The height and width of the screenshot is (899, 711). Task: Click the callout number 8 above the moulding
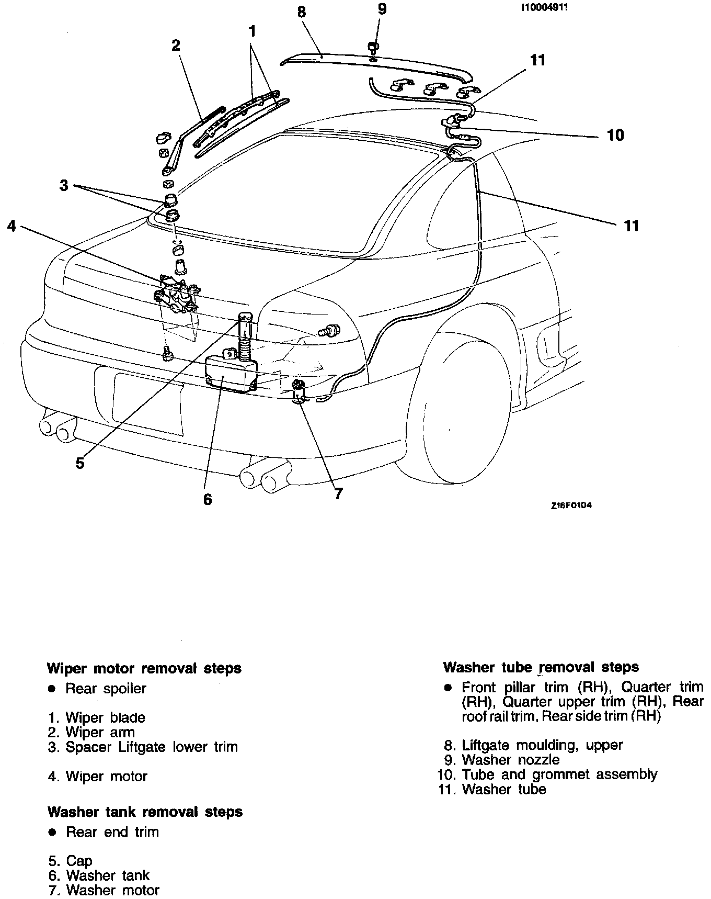(302, 12)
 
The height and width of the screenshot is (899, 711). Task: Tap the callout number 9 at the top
(382, 9)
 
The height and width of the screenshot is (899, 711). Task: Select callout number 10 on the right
(615, 135)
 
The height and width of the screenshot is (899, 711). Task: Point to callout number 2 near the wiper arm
(176, 45)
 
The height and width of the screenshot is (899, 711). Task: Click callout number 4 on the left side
(12, 226)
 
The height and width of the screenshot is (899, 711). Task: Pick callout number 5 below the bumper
(80, 463)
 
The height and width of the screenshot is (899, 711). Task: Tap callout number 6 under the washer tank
(208, 499)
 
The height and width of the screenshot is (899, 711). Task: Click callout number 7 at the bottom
(338, 493)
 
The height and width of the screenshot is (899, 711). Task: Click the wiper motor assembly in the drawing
(177, 296)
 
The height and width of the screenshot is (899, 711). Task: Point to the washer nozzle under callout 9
(373, 48)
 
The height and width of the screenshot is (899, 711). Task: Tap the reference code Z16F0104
(570, 506)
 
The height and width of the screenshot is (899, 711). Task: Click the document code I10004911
(544, 8)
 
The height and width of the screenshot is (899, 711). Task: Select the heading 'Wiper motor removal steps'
(144, 668)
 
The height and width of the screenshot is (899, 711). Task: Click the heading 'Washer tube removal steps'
(541, 667)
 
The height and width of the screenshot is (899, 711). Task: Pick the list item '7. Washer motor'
(104, 890)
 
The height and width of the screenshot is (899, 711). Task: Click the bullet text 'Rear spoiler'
(106, 689)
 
